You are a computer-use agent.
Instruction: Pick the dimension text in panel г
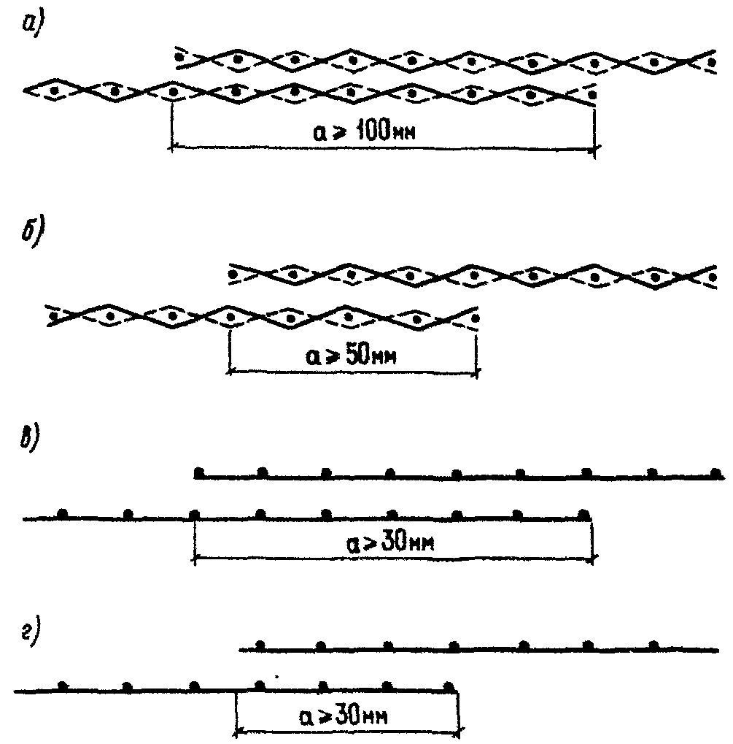(346, 713)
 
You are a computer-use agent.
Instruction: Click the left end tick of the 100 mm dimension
(171, 148)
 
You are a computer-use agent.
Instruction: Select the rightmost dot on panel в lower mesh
(583, 515)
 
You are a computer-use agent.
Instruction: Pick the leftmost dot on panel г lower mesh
(63, 686)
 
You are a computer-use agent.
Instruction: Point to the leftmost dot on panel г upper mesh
(259, 645)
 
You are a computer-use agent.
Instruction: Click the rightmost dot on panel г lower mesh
(449, 686)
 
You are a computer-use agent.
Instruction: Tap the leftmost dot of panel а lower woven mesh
(55, 91)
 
